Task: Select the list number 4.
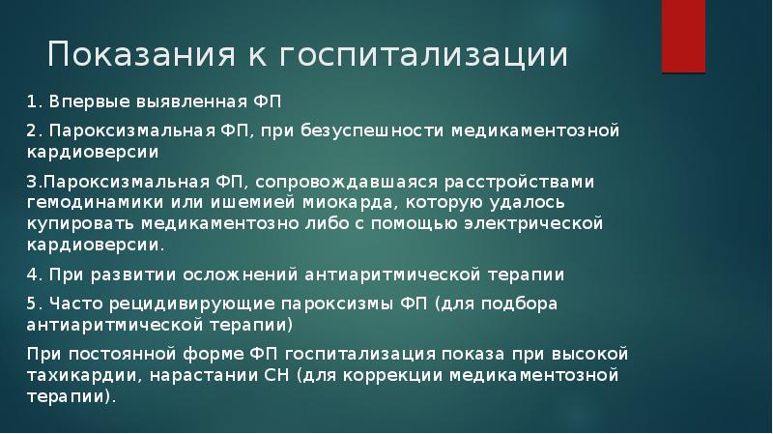[32, 274]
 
